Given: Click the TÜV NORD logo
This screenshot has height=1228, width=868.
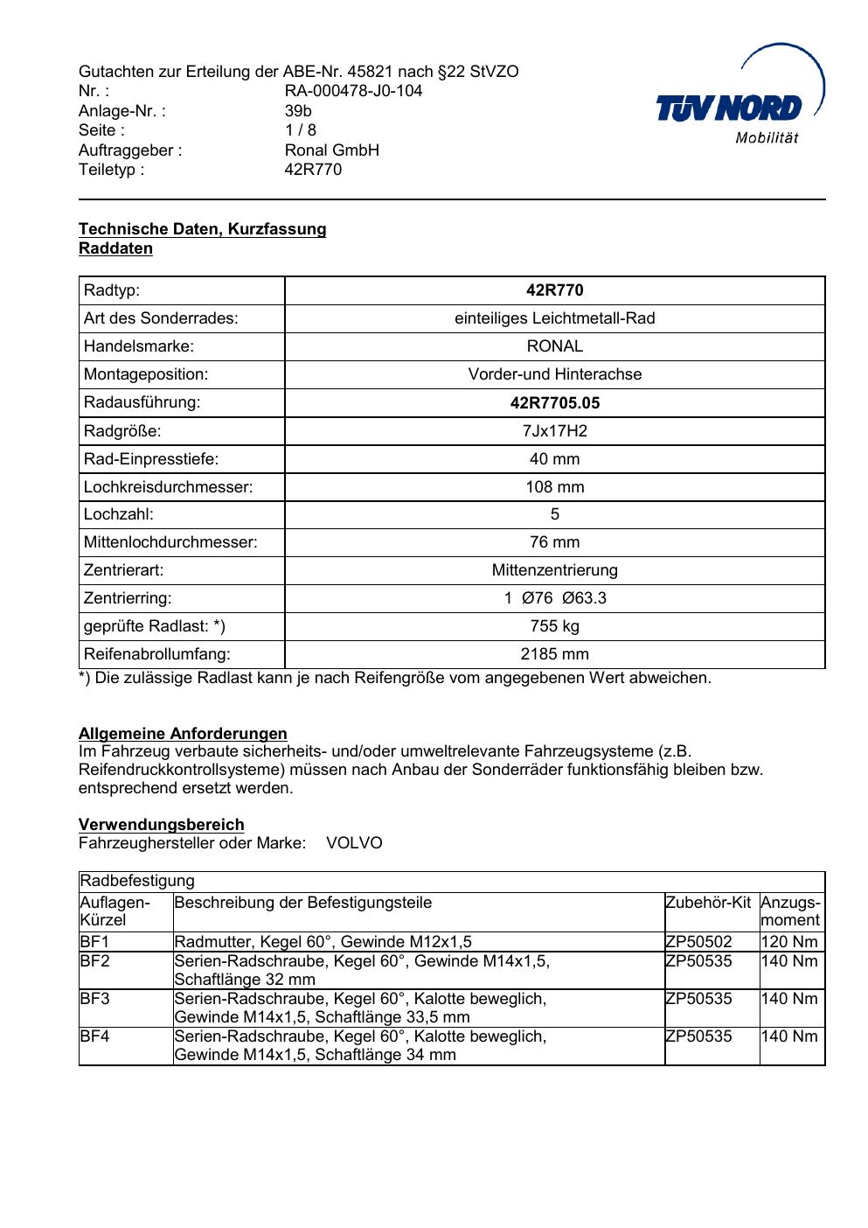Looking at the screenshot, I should tap(740, 101).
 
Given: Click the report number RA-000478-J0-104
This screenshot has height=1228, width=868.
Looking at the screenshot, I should tap(353, 91).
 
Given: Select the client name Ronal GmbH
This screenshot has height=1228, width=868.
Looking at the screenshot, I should tap(332, 150).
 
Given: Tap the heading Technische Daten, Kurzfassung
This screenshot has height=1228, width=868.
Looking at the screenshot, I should tap(202, 229).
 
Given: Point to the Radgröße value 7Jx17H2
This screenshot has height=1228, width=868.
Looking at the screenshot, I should tap(554, 431).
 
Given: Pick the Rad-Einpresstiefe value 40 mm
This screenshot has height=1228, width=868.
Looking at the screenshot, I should tap(554, 459).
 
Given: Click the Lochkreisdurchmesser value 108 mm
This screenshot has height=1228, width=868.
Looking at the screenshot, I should tap(554, 487).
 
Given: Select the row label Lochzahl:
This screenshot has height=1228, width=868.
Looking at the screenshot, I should tap(118, 514).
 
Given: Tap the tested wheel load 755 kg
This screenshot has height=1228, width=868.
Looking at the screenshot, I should tap(554, 626).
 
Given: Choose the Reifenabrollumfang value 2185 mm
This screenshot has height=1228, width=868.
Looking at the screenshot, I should tap(554, 654).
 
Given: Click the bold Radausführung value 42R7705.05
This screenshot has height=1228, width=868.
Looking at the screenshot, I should tap(554, 403).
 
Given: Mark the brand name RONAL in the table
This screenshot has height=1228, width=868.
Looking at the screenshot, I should tap(554, 346).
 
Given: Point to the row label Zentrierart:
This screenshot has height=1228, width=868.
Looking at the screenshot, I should tap(123, 570).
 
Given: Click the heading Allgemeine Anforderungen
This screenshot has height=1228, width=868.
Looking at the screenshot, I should tap(183, 734).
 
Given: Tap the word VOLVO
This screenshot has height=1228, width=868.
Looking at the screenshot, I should tap(354, 844).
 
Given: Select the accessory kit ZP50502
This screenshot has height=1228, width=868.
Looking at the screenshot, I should tap(698, 942).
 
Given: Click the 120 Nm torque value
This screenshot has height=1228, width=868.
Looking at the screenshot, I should tap(789, 942).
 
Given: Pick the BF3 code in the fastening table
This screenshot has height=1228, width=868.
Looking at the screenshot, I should tap(94, 999).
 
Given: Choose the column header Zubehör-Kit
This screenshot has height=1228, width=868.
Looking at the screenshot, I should tap(708, 903).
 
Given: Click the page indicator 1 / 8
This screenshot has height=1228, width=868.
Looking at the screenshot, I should tap(301, 130).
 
